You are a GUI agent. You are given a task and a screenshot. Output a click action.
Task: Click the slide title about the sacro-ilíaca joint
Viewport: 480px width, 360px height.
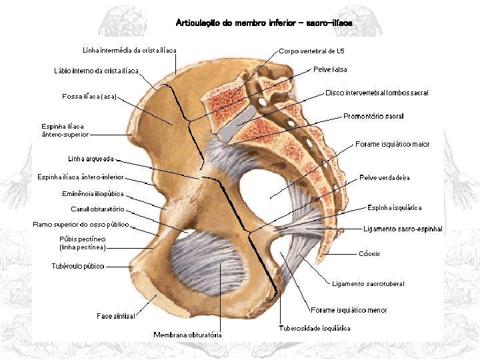[264, 23]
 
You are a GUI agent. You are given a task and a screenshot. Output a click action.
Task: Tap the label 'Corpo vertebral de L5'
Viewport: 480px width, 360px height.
[311, 51]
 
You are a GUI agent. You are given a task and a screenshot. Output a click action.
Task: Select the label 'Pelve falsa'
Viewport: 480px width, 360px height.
[330, 69]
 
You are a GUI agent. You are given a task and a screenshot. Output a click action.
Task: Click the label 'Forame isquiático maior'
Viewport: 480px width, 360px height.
[392, 144]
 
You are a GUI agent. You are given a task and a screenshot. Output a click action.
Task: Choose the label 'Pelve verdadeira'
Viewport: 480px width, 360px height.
[384, 177]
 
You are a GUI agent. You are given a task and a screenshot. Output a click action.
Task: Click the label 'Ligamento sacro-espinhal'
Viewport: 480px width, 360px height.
[403, 229]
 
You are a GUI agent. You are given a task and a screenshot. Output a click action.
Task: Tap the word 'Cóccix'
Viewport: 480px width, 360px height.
[369, 254]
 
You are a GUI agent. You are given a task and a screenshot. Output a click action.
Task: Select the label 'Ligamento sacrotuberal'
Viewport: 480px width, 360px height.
[368, 283]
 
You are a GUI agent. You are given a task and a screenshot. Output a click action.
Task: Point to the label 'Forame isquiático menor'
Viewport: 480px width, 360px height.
[349, 310]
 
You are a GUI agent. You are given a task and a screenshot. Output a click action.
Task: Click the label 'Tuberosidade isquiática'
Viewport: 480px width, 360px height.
[314, 328]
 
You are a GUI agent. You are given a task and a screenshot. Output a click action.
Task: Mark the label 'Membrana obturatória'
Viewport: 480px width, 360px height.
[187, 335]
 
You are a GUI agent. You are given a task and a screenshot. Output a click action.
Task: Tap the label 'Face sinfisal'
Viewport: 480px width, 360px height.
[115, 316]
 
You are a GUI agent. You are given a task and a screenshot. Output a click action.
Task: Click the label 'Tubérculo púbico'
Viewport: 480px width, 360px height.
[77, 266]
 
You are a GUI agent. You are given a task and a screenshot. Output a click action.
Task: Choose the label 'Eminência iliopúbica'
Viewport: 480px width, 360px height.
[93, 194]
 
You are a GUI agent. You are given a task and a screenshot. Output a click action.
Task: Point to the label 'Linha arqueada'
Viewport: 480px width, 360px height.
[91, 159]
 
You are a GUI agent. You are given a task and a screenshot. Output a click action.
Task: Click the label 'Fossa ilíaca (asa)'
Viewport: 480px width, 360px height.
[89, 97]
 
